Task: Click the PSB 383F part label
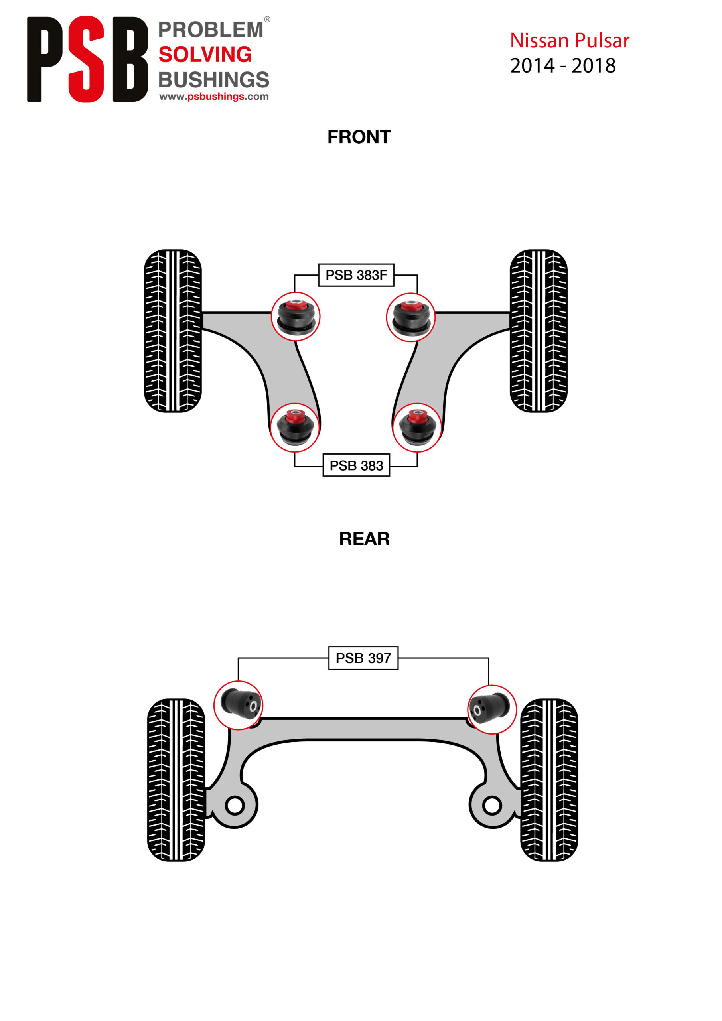[356, 275]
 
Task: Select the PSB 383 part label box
[356, 465]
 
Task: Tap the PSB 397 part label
[363, 658]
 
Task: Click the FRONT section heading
[359, 137]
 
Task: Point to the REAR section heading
[364, 538]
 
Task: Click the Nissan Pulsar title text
[569, 40]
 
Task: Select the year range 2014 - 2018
[563, 66]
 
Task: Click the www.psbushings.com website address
[214, 97]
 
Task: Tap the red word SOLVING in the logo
[205, 55]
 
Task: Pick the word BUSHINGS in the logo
[214, 80]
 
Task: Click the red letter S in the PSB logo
[86, 59]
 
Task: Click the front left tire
[173, 331]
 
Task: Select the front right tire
[538, 331]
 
